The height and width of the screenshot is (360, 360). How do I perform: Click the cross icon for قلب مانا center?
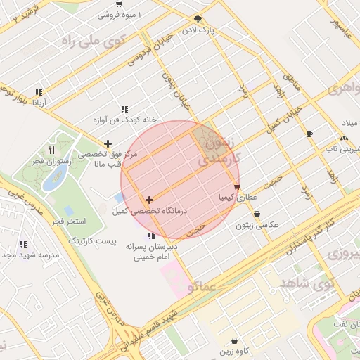pyautogui.click(x=107, y=143)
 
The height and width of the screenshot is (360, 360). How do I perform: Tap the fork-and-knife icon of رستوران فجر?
pyautogui.click(x=51, y=150)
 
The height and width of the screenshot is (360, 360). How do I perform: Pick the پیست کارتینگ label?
pyautogui.click(x=92, y=240)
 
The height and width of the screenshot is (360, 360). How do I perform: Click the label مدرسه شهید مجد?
pyautogui.click(x=27, y=255)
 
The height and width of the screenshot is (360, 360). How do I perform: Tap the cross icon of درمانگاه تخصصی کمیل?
pyautogui.click(x=149, y=200)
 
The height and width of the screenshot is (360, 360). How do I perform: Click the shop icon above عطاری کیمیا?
pyautogui.click(x=237, y=187)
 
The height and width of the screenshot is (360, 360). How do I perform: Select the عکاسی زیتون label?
pyautogui.click(x=256, y=225)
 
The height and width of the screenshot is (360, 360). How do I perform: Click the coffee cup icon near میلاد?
pyautogui.click(x=310, y=134)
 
